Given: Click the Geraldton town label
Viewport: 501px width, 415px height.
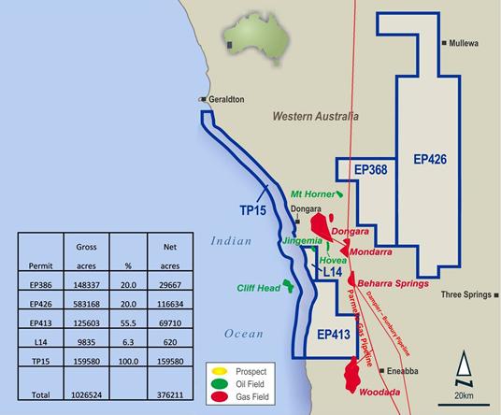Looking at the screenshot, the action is pyautogui.click(x=226, y=98).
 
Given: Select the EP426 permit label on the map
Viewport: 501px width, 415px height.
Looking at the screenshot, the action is pyautogui.click(x=430, y=160).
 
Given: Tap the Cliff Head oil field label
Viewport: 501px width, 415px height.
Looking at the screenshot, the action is pyautogui.click(x=257, y=288).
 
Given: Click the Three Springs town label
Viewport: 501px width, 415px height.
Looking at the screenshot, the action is pyautogui.click(x=465, y=294).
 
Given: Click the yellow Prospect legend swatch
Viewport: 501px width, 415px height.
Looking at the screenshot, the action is pyautogui.click(x=221, y=369).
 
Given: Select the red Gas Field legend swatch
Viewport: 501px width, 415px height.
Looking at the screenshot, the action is pyautogui.click(x=221, y=396).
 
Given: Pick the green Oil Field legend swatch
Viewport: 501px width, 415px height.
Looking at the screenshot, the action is pyautogui.click(x=221, y=382).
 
